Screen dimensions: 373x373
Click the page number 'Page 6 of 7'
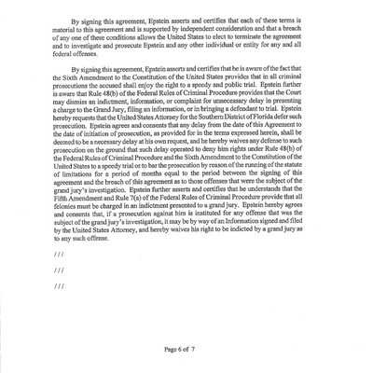click(189, 348)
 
